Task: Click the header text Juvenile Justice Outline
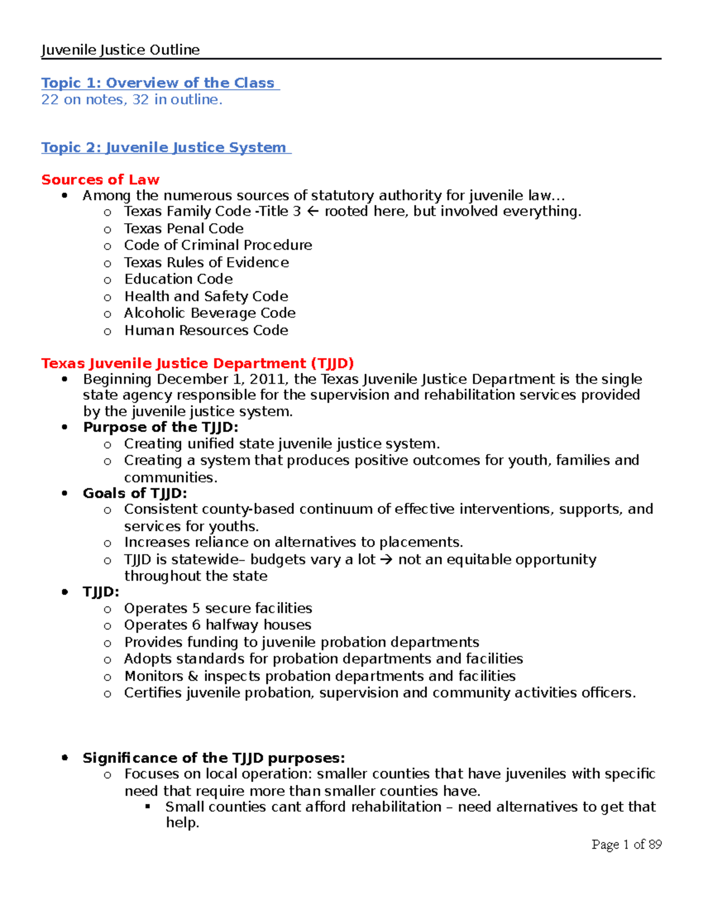(120, 50)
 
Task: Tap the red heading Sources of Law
(100, 180)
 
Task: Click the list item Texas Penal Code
(183, 229)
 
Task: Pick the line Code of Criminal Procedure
(218, 245)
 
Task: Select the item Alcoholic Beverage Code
(210, 313)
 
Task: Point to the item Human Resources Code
(206, 330)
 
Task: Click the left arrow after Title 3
(313, 212)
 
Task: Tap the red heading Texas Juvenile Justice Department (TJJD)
(197, 363)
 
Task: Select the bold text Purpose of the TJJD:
(161, 427)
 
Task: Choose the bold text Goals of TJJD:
(135, 493)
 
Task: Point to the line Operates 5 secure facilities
(218, 608)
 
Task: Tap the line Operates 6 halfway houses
(217, 625)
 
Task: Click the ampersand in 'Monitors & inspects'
(193, 676)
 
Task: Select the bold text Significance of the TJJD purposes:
(214, 758)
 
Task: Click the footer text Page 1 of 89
(626, 844)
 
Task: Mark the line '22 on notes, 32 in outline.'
(132, 100)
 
